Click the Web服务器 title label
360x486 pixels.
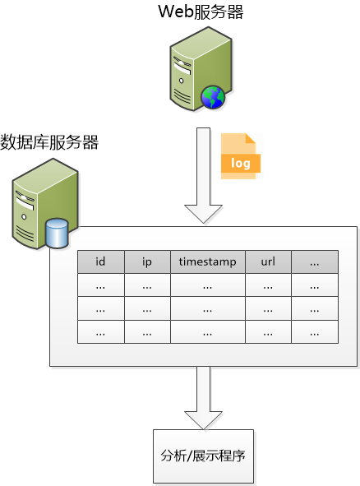[201, 12]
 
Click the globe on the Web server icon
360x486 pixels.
[213, 98]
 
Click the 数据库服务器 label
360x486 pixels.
[49, 142]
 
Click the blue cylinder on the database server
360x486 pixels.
[58, 233]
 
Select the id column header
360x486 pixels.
[100, 262]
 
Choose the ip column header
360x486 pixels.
[147, 262]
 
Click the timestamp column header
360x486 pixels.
[207, 262]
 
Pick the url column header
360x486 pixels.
[268, 262]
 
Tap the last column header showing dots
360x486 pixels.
[315, 262]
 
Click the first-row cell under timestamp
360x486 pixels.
[207, 286]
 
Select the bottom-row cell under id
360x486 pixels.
[100, 333]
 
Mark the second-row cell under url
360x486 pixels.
[268, 309]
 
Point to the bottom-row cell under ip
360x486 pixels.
[147, 333]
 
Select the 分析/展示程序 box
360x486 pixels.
[203, 456]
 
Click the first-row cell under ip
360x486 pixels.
[147, 286]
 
